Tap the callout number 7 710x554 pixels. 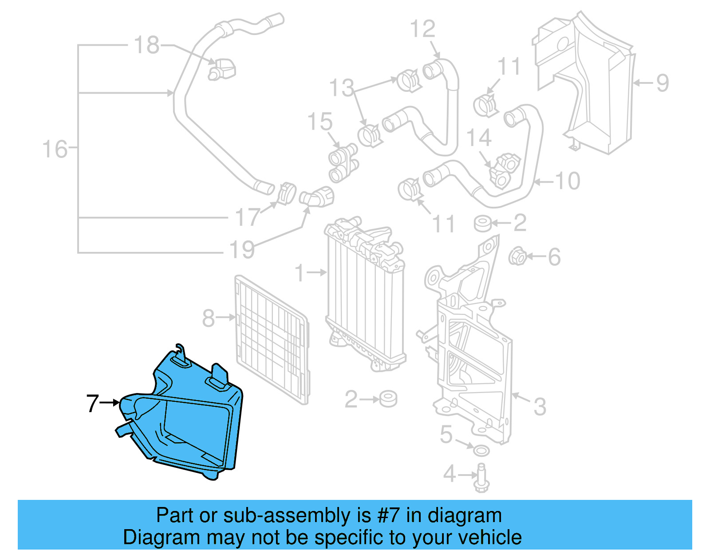[92, 403]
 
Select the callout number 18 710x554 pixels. [146, 45]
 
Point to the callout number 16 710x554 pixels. [55, 149]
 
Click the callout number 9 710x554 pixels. [662, 83]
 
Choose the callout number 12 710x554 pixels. [422, 29]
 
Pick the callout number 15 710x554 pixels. [319, 122]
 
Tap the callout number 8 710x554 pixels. [208, 318]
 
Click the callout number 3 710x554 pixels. [539, 406]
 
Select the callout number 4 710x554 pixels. [450, 474]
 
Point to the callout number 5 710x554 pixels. [446, 435]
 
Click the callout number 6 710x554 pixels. [554, 257]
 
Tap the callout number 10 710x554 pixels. [568, 181]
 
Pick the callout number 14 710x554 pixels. [479, 138]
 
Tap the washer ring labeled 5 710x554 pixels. [481, 451]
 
